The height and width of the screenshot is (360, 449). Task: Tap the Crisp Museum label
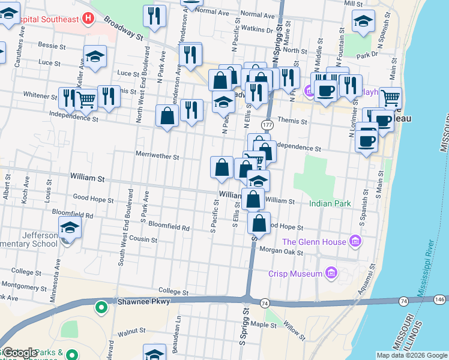click(295, 274)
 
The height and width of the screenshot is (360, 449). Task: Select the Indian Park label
click(330, 204)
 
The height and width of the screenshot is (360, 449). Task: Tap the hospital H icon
click(89, 19)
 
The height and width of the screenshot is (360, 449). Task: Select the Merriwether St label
click(157, 157)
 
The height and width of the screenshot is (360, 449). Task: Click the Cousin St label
click(143, 239)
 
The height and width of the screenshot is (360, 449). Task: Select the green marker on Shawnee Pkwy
click(101, 308)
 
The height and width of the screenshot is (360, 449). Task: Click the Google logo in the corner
click(20, 353)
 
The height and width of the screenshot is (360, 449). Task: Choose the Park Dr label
click(366, 55)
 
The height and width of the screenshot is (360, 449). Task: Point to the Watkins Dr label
click(261, 29)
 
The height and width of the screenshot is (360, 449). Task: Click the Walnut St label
click(131, 331)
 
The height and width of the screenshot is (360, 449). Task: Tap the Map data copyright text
click(411, 355)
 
